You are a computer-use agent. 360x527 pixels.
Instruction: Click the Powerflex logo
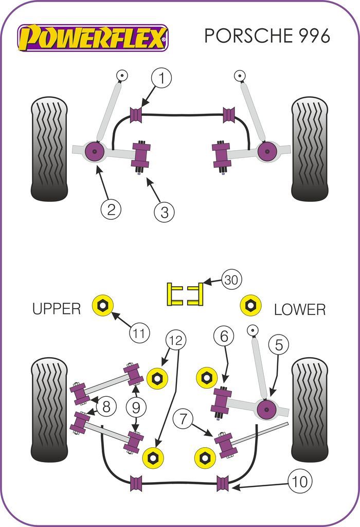[x=93, y=38]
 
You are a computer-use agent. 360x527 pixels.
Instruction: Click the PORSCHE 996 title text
[x=267, y=36]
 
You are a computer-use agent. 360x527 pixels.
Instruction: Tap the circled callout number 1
[x=161, y=79]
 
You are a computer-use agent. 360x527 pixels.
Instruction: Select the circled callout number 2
[x=111, y=209]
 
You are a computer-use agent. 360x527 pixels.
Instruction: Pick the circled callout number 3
[x=165, y=212]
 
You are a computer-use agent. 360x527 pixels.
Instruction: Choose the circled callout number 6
[x=224, y=337]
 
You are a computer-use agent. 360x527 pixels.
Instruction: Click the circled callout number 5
[x=278, y=345]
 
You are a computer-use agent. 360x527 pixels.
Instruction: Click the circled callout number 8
[x=106, y=408]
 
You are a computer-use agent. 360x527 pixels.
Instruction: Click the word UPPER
[x=57, y=309]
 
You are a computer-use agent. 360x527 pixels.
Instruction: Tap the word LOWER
[x=300, y=309]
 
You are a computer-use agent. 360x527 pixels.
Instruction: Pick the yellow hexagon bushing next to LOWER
[x=250, y=306]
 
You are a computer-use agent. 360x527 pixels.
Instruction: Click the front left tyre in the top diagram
[x=49, y=149]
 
